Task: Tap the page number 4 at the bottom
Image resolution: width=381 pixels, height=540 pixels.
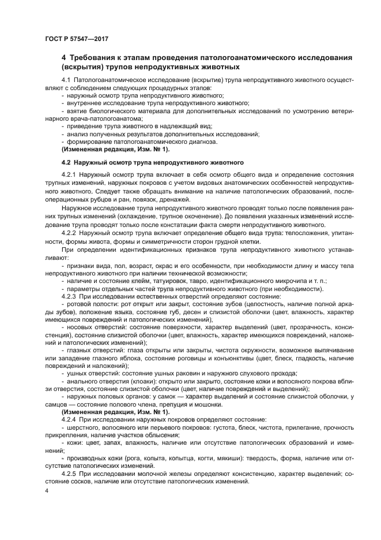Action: click(47, 490)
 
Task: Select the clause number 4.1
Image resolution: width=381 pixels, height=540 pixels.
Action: click(66, 79)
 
